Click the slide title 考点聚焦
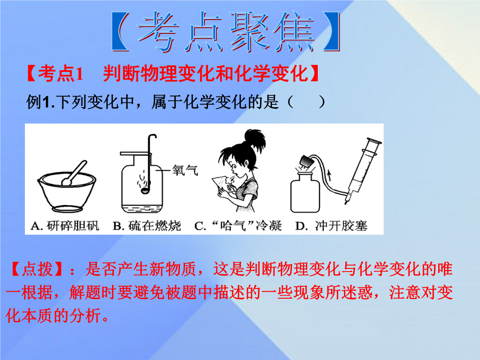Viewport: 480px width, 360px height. (225, 32)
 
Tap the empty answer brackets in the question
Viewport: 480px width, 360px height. (306, 102)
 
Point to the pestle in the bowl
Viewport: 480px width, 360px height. (74, 173)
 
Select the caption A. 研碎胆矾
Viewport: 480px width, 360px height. (65, 226)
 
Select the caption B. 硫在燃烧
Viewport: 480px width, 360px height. (147, 226)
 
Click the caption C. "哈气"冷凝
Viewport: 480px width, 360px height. (238, 226)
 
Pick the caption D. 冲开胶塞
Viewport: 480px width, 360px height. (331, 226)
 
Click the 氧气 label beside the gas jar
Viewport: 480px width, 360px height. (185, 170)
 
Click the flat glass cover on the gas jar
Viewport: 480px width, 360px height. (135, 153)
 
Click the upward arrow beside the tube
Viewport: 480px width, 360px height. (329, 176)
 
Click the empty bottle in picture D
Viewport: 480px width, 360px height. (305, 193)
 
